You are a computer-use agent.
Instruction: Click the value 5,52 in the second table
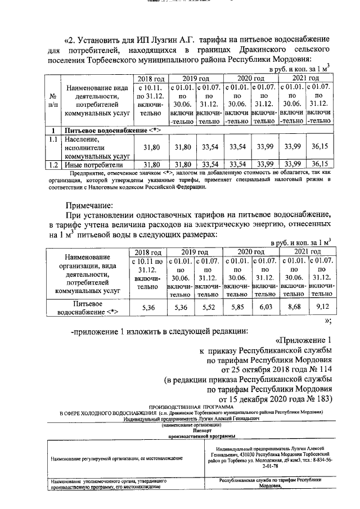pyautogui.click(x=209, y=308)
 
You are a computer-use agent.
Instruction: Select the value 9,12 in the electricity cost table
pyautogui.click(x=321, y=308)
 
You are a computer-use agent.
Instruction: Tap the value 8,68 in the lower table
pyautogui.click(x=293, y=308)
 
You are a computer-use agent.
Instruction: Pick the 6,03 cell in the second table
pyautogui.click(x=265, y=308)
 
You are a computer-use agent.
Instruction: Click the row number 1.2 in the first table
pyautogui.click(x=52, y=165)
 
